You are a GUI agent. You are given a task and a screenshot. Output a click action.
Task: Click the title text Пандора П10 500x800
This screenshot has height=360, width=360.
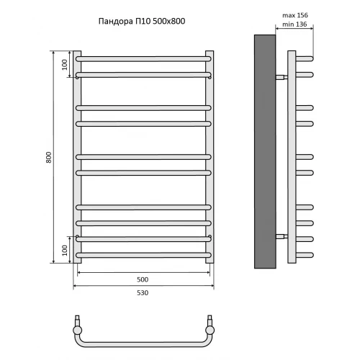(142, 21)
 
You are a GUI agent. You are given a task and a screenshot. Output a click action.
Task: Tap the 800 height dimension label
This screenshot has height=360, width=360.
(49, 158)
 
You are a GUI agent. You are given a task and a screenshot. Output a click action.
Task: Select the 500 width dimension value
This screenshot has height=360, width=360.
(143, 279)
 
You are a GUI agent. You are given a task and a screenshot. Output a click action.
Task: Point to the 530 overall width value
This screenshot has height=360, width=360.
(143, 292)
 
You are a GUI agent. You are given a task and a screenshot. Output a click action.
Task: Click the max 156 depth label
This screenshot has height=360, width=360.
(295, 15)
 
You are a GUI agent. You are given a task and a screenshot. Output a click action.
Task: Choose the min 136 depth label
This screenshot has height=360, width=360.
(294, 24)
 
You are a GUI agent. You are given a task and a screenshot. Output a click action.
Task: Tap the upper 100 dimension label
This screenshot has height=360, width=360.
(65, 65)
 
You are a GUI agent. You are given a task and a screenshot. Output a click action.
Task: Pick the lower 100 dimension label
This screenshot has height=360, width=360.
(65, 251)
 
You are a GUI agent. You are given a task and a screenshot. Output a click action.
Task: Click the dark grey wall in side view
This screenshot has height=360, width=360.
(265, 151)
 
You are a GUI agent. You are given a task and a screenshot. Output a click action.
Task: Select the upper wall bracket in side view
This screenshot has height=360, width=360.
(282, 77)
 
